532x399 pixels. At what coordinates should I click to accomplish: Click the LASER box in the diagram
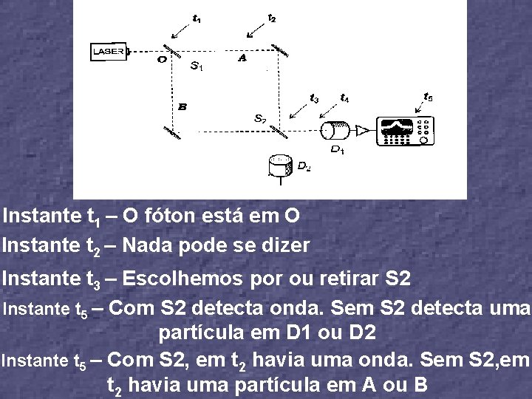tap(109, 52)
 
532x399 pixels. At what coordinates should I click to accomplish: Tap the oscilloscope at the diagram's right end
tap(403, 131)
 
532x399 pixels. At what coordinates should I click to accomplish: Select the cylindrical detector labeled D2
tap(281, 165)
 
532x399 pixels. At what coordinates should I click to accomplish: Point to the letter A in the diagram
tap(242, 59)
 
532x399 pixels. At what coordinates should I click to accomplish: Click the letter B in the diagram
tap(182, 106)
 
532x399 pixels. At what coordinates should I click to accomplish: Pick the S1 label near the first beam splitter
tap(197, 66)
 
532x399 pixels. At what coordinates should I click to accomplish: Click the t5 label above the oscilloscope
tap(429, 96)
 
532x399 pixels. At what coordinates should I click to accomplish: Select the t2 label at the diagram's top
tap(272, 17)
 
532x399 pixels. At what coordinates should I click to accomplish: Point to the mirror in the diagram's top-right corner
tap(279, 50)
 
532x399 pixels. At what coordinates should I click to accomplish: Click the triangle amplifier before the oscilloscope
tap(363, 131)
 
